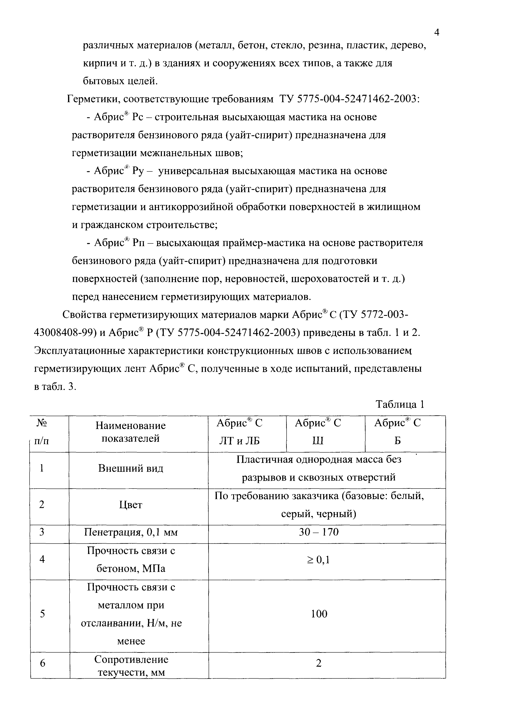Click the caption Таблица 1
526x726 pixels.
pos(400,404)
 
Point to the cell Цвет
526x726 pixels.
pos(130,505)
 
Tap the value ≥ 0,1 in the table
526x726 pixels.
pos(318,560)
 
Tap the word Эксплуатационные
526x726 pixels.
pos(79,351)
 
